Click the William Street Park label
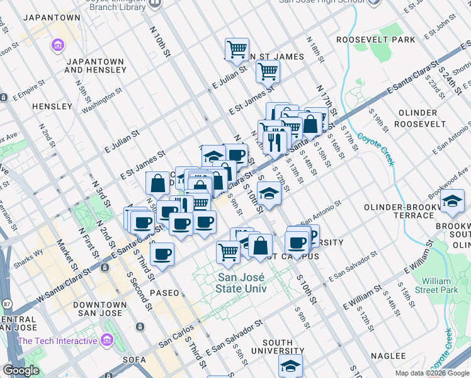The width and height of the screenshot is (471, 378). tap(440, 285)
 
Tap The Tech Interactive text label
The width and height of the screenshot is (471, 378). tap(57, 341)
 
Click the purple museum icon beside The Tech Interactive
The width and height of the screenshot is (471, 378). tap(106, 341)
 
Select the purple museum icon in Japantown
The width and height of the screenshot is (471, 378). tap(59, 45)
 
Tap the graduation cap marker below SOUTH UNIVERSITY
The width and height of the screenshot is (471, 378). tap(290, 365)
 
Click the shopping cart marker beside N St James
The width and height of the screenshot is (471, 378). tap(268, 72)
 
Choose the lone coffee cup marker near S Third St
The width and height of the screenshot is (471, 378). tap(162, 254)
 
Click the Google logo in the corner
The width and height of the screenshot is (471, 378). tap(21, 370)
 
